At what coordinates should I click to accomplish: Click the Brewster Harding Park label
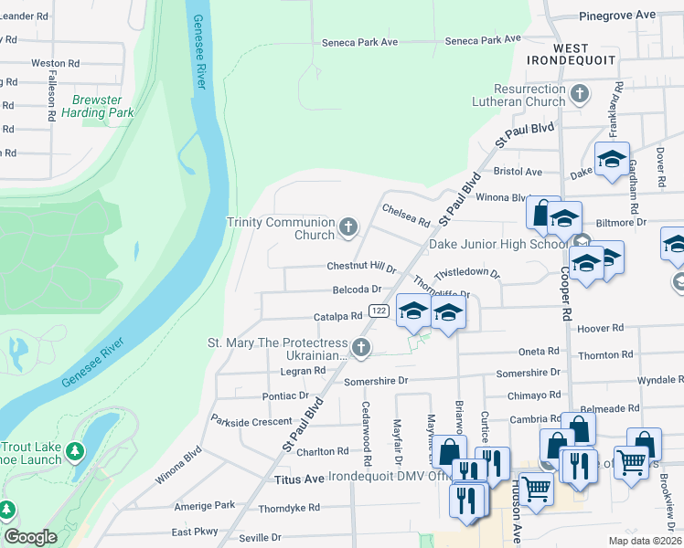[98, 106]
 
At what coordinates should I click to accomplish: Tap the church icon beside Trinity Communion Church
[347, 227]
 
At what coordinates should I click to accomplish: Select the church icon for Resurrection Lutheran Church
[580, 93]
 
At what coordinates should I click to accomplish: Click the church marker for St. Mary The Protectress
[361, 347]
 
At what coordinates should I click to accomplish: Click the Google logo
[30, 537]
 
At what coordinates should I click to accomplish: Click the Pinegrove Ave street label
[617, 16]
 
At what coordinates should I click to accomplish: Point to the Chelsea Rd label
[406, 215]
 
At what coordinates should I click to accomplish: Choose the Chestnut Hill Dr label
[361, 268]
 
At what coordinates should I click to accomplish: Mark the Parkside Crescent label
[251, 421]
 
